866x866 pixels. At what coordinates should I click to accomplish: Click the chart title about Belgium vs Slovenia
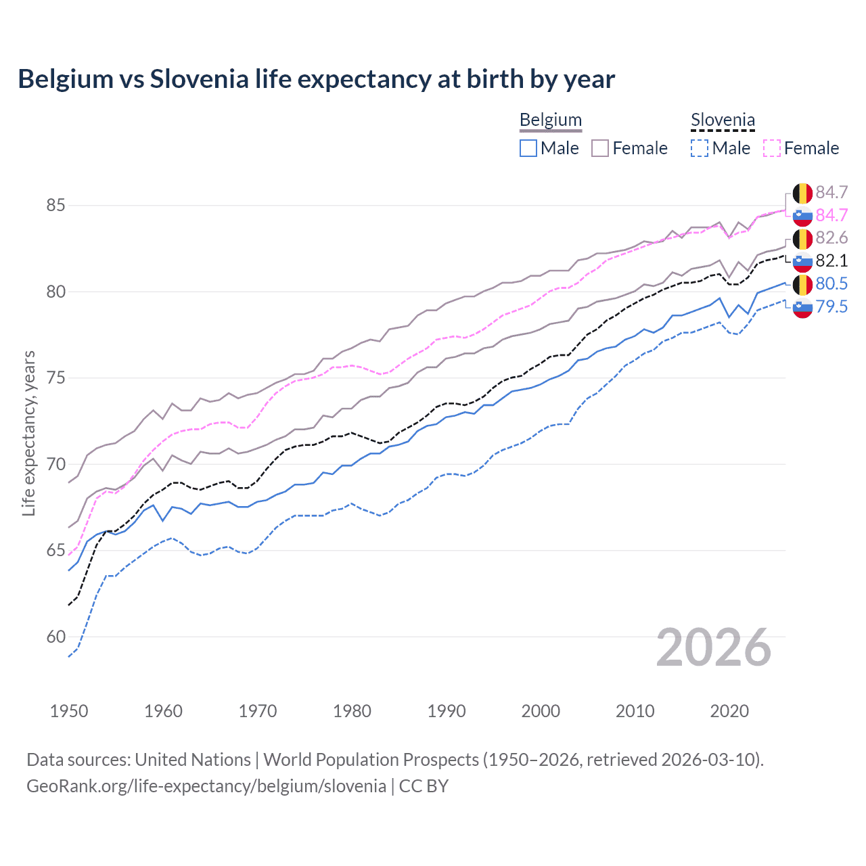pyautogui.click(x=316, y=79)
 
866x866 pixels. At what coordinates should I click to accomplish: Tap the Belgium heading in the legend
pyautogui.click(x=550, y=120)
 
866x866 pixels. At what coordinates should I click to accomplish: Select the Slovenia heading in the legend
pyautogui.click(x=722, y=120)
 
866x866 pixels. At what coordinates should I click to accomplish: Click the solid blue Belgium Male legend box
pyautogui.click(x=528, y=148)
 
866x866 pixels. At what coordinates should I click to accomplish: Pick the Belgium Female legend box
pyautogui.click(x=600, y=148)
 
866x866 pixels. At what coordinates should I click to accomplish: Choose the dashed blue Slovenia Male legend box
pyautogui.click(x=700, y=148)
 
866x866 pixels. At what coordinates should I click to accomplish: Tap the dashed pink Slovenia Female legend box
pyautogui.click(x=772, y=148)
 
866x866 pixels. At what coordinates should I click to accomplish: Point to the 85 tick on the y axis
pyautogui.click(x=55, y=205)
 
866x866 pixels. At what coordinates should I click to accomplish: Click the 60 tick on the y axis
pyautogui.click(x=55, y=637)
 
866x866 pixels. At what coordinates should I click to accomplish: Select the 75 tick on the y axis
pyautogui.click(x=55, y=378)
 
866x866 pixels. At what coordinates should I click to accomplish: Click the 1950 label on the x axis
pyautogui.click(x=69, y=711)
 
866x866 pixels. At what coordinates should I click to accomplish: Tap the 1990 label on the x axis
pyautogui.click(x=447, y=711)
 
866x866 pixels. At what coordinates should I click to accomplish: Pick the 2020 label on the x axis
pyautogui.click(x=729, y=711)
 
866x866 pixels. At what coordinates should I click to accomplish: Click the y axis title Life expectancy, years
pyautogui.click(x=28, y=433)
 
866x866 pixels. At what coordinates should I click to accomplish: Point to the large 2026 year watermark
pyautogui.click(x=713, y=647)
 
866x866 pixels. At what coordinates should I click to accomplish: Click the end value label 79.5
pyautogui.click(x=831, y=307)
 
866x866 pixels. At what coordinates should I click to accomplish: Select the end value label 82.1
pyautogui.click(x=831, y=261)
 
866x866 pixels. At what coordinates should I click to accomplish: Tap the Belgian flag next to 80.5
pyautogui.click(x=802, y=284)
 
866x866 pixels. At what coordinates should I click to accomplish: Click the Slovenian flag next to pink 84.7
pyautogui.click(x=802, y=216)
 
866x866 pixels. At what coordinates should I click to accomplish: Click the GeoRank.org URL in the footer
pyautogui.click(x=206, y=786)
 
